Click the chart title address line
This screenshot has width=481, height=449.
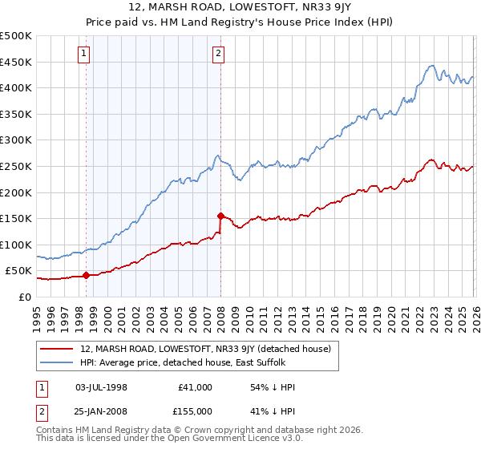pyautogui.click(x=240, y=6)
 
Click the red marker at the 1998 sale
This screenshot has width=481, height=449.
pyautogui.click(x=86, y=275)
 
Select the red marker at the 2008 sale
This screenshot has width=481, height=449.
pyautogui.click(x=220, y=216)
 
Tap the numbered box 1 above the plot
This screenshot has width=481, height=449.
pyautogui.click(x=85, y=54)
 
